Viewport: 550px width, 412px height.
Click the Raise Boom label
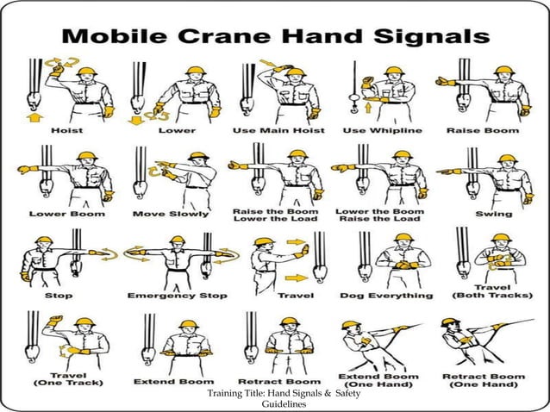[x=482, y=130]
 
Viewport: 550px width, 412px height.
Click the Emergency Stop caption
[x=178, y=295]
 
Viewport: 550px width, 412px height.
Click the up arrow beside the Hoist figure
[x=34, y=115]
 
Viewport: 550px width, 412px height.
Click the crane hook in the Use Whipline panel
[x=354, y=97]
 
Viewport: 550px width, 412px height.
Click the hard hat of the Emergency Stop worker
[x=177, y=240]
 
